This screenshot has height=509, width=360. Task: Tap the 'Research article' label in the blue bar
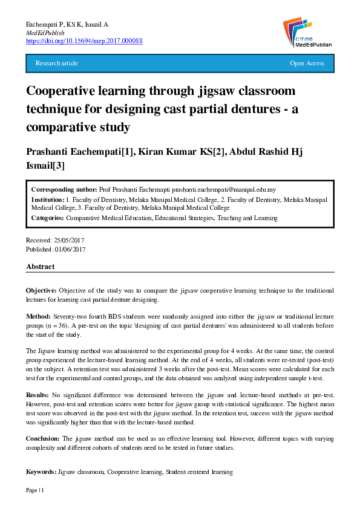57,63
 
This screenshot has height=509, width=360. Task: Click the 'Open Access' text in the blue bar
307,63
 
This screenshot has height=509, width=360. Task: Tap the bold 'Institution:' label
48,199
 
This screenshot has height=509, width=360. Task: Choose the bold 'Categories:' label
48,218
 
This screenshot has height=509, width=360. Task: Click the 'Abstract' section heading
41,267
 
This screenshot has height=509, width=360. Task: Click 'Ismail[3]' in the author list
45,165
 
